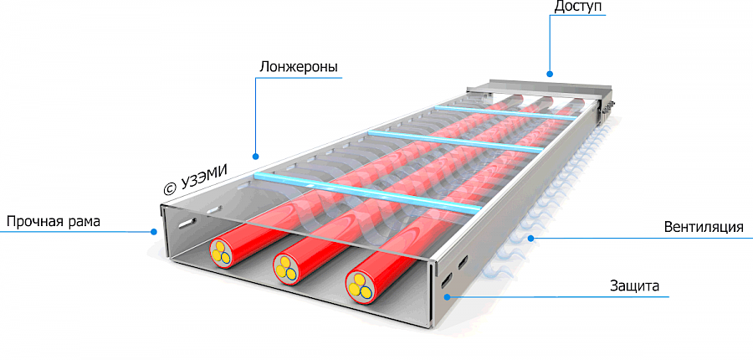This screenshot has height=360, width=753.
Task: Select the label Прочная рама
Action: pyautogui.click(x=53, y=222)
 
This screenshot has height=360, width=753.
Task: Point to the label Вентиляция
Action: pyautogui.click(x=703, y=227)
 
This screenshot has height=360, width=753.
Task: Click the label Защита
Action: pyautogui.click(x=634, y=286)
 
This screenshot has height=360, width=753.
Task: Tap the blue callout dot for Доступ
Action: pyautogui.click(x=550, y=72)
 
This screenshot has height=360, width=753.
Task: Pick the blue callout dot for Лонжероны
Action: pyautogui.click(x=256, y=155)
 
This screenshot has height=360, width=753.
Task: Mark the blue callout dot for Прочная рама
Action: pyautogui.click(x=154, y=232)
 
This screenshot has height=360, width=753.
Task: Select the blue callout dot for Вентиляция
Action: pyautogui.click(x=530, y=239)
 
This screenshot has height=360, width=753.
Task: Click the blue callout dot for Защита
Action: pyautogui.click(x=446, y=296)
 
